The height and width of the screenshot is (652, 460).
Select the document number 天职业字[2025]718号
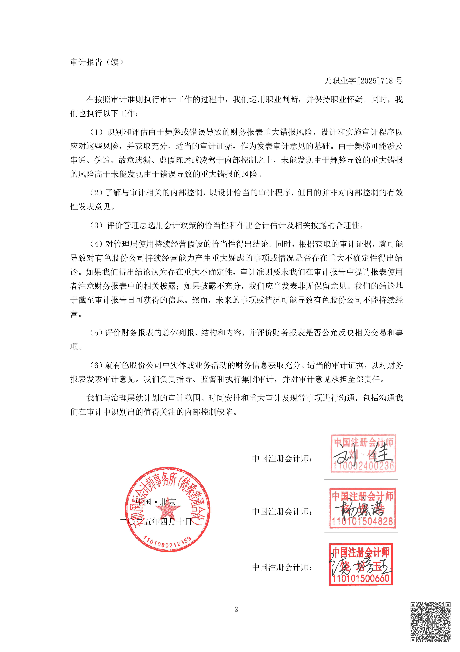coord(363,81)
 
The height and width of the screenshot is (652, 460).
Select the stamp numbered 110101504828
coord(362,508)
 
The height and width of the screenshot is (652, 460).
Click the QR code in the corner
coord(430,622)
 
